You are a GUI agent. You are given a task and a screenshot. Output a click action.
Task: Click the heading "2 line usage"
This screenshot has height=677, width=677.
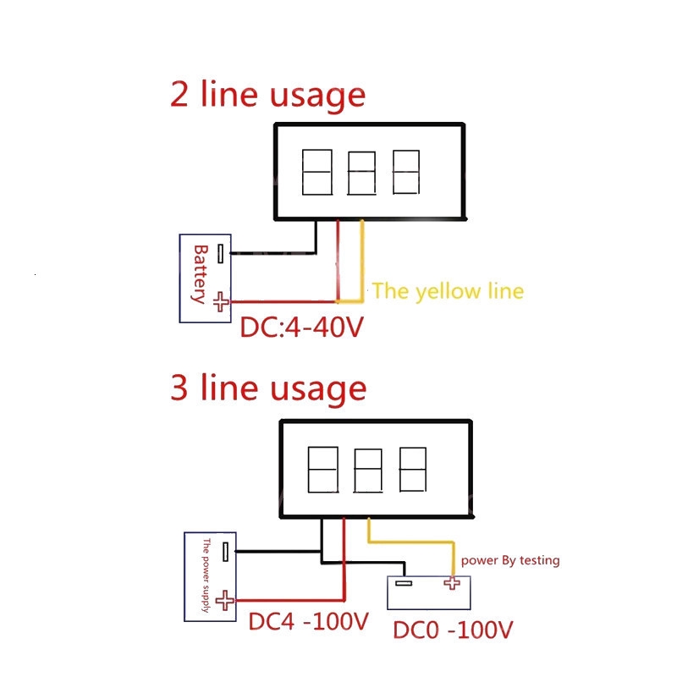pos(267,95)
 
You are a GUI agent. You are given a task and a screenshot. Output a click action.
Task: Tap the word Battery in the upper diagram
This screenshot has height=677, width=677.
pos(201,274)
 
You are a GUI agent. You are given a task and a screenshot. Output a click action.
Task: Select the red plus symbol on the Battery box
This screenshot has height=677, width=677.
pos(221,300)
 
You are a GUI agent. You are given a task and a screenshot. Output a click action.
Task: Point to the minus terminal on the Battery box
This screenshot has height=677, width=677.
pos(221,252)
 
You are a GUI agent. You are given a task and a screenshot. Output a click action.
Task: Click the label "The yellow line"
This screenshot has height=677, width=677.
pos(448,291)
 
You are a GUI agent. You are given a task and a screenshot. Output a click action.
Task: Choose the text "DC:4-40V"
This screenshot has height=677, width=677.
pos(301,327)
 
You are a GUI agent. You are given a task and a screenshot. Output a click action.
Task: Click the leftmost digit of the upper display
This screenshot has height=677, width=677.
pos(316,172)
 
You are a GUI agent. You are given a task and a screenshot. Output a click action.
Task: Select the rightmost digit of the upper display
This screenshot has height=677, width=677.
pos(405,172)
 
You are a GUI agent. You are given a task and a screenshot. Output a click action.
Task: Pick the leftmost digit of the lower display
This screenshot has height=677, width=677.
pos(323,471)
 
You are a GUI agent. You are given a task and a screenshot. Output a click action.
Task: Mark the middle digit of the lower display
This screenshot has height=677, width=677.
pos(367,471)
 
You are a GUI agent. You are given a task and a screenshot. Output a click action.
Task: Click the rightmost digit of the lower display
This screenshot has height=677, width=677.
pos(412,471)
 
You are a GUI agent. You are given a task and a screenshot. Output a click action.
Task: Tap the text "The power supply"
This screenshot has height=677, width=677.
pos(206,575)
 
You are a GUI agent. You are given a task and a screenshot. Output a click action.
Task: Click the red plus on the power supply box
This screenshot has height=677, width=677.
pos(224,600)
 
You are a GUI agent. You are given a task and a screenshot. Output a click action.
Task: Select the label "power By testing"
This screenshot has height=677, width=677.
pos(509,560)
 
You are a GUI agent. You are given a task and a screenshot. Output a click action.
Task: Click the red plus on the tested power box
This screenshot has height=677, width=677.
pos(452,583)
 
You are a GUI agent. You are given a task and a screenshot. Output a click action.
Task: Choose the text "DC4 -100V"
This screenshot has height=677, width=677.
pos(308,622)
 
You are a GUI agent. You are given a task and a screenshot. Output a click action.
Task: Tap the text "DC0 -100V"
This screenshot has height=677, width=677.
pos(454,630)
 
